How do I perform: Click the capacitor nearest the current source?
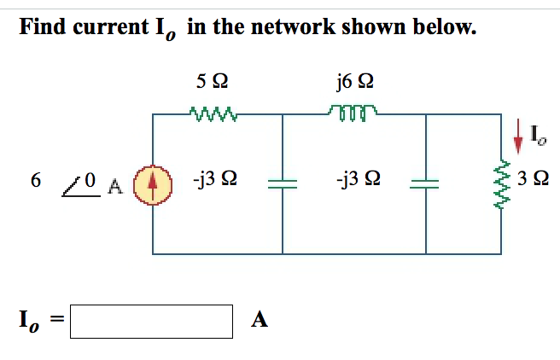pos(283,183)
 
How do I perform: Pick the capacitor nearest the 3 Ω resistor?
pos(427,183)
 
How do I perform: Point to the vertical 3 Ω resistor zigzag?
pos(501,182)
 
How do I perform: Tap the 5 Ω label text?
pos(211,82)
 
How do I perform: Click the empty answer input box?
pos(151,321)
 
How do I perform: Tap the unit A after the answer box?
pos(260,321)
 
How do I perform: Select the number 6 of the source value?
pos(35,181)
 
